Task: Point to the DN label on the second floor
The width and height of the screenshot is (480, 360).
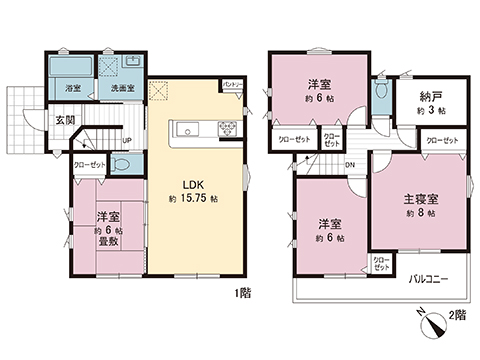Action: [350, 165]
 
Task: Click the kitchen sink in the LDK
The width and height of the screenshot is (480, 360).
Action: [190, 129]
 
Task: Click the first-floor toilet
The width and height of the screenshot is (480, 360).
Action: [120, 166]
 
